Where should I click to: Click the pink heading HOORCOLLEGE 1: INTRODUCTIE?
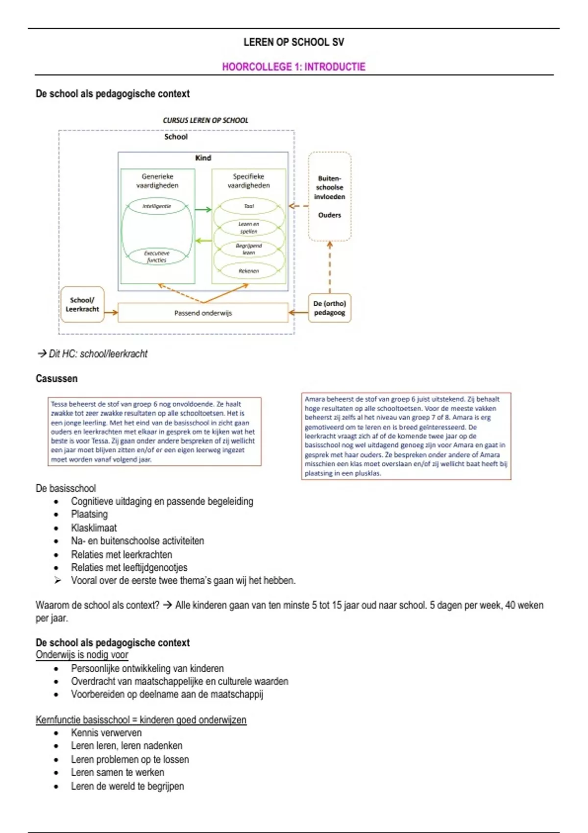(x=294, y=67)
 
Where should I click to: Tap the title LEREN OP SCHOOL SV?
(x=294, y=42)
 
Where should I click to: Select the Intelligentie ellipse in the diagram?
(x=157, y=206)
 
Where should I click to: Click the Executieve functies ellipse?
(x=157, y=257)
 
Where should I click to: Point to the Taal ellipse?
(x=249, y=206)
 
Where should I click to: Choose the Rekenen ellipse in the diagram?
(x=249, y=271)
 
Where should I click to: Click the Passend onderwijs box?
(x=203, y=313)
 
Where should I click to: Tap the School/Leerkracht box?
(x=82, y=304)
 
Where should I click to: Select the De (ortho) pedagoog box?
(x=329, y=308)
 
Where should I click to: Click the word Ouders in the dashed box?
(x=329, y=215)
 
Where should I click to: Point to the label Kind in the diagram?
(x=203, y=158)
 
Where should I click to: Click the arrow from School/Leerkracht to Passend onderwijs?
(x=111, y=312)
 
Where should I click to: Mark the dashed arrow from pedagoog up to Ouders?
(x=330, y=267)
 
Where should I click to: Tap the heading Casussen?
(x=56, y=378)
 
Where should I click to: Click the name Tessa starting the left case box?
(x=59, y=404)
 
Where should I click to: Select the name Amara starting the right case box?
(x=315, y=399)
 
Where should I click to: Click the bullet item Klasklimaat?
(x=94, y=528)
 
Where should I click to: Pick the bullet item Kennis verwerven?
(x=106, y=733)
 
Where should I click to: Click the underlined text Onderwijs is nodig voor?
(x=82, y=655)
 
